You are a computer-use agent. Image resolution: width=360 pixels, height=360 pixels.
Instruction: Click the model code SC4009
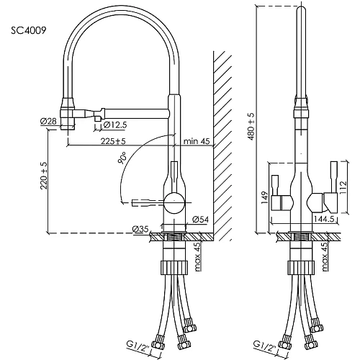pyautogui.click(x=30, y=32)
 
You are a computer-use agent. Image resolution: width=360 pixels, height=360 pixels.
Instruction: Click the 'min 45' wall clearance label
pyautogui.click(x=196, y=140)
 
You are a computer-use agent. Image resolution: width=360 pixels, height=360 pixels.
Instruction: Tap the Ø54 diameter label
pyautogui.click(x=200, y=217)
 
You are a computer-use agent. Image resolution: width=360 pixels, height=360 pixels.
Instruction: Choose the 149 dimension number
pyautogui.click(x=265, y=197)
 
